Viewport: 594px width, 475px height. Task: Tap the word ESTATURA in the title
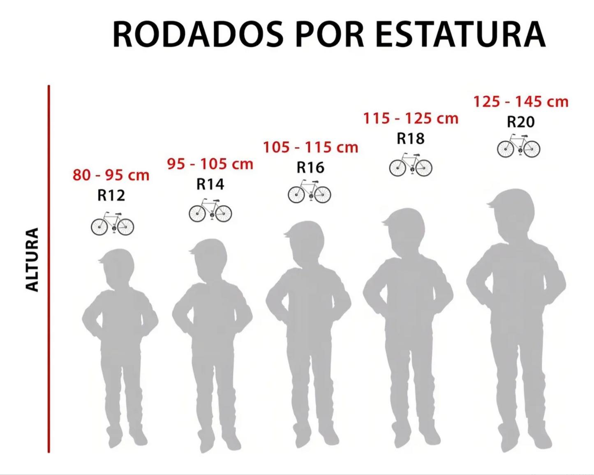pyautogui.click(x=460, y=35)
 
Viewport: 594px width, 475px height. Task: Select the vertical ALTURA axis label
pyautogui.click(x=32, y=260)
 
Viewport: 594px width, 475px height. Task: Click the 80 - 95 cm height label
pyautogui.click(x=111, y=175)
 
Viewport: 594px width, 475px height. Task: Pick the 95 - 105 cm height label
pyautogui.click(x=210, y=164)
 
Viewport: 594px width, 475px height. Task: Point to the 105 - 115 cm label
pyautogui.click(x=310, y=147)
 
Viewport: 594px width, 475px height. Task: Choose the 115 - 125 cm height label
pyautogui.click(x=411, y=118)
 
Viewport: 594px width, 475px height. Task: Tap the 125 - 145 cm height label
pyautogui.click(x=521, y=101)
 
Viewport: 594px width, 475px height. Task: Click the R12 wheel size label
pyautogui.click(x=111, y=195)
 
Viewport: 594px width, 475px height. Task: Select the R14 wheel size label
pyautogui.click(x=210, y=184)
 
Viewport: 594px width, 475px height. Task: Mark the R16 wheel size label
pyautogui.click(x=310, y=167)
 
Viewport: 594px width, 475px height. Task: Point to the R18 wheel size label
pyautogui.click(x=411, y=138)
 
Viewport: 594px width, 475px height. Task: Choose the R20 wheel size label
pyautogui.click(x=520, y=122)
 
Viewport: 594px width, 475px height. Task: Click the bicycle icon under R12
pyautogui.click(x=112, y=224)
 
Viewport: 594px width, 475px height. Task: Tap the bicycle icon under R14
pyautogui.click(x=210, y=211)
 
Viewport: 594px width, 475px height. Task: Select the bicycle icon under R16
pyautogui.click(x=309, y=192)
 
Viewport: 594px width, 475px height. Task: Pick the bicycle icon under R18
pyautogui.click(x=411, y=165)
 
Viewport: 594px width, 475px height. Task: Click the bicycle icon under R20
pyautogui.click(x=518, y=146)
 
